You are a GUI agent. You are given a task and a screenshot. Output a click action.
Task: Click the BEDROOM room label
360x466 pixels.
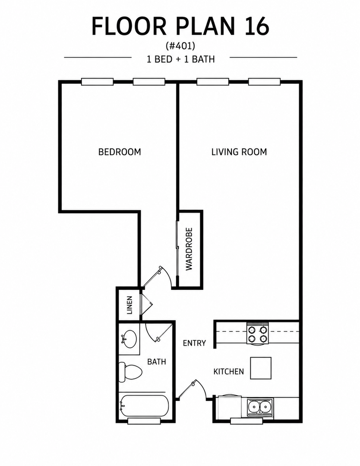(120, 152)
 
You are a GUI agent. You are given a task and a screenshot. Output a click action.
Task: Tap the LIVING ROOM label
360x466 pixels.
(239, 152)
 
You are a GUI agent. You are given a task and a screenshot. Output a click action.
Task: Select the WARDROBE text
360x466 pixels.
(189, 249)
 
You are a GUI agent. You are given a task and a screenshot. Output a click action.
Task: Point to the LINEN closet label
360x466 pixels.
(129, 305)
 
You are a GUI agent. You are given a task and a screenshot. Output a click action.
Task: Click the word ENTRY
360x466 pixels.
(194, 343)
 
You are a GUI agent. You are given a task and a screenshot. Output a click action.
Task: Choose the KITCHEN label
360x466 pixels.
(229, 372)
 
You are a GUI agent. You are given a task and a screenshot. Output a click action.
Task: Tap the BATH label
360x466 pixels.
(156, 362)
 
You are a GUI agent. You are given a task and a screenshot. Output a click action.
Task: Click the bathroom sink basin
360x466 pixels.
(129, 339)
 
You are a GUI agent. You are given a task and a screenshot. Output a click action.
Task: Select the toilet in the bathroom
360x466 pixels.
(130, 372)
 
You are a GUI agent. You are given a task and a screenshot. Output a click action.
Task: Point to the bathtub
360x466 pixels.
(144, 406)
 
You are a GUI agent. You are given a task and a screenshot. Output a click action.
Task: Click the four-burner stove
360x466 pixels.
(258, 334)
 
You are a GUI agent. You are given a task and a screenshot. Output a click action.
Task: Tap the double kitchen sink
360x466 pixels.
(260, 407)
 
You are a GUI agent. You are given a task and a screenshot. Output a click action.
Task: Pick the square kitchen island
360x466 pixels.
(261, 368)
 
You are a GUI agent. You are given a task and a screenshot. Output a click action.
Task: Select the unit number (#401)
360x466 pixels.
(180, 46)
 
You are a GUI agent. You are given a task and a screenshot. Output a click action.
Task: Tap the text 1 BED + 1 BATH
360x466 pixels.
(181, 59)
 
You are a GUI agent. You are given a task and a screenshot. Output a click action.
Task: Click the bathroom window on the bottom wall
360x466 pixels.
(144, 421)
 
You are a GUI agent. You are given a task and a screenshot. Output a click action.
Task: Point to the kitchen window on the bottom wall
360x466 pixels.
(246, 421)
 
